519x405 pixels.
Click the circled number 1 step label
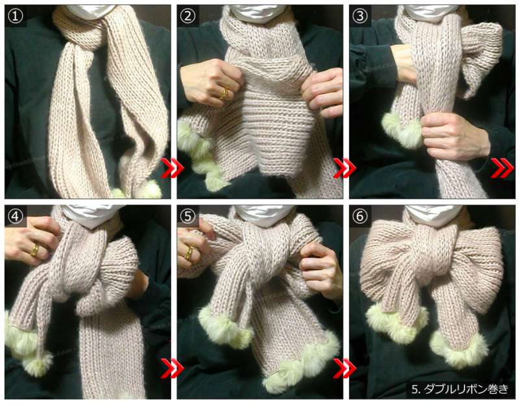(15, 16)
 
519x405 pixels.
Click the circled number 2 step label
(187, 16)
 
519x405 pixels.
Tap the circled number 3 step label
(360, 16)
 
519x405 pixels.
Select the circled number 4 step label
(15, 216)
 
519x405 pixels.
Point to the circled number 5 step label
(187, 216)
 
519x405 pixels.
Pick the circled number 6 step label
(360, 216)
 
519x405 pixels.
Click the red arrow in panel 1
(172, 168)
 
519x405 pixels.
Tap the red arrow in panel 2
(344, 168)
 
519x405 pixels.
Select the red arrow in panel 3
(502, 168)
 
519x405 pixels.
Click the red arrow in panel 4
(172, 368)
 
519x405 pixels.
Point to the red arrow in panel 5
(344, 368)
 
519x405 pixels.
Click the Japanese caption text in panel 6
(460, 389)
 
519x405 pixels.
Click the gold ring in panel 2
(224, 93)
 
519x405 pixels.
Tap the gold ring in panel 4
(34, 250)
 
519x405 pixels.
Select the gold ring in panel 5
(189, 252)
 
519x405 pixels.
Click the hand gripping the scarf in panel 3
(453, 136)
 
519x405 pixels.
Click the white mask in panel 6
(433, 215)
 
